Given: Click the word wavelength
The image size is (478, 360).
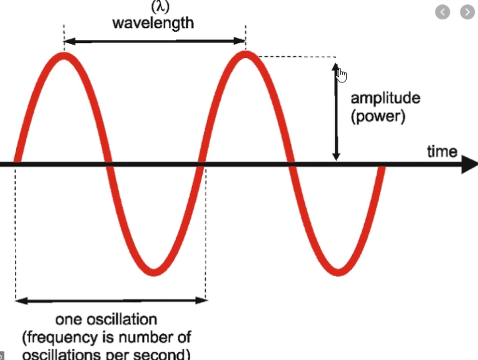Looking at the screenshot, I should click(x=153, y=23).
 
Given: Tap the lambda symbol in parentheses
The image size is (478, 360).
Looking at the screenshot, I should click(x=153, y=7).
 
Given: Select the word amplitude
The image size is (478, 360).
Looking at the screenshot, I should click(x=385, y=98).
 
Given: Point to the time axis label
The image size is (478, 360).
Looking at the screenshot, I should click(x=442, y=151).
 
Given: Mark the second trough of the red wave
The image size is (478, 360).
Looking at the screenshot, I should click(x=338, y=271).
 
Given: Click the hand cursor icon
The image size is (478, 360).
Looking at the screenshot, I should click(x=341, y=75).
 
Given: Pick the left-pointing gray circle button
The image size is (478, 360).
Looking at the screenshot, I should click(x=443, y=12).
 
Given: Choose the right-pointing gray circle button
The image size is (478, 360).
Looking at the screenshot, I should click(x=467, y=12).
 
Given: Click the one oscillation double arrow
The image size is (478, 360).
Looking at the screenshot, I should click(x=111, y=301).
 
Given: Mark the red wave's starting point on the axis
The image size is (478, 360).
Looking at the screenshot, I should click(x=16, y=165).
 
